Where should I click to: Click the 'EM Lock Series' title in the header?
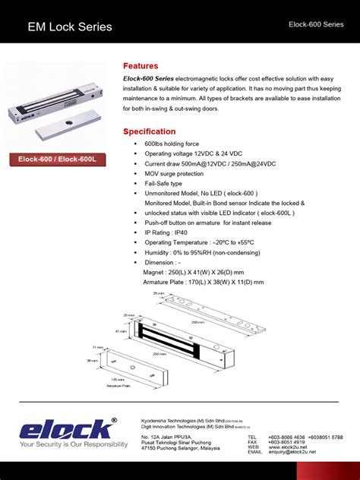coord(69,27)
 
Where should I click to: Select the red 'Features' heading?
coord(141,66)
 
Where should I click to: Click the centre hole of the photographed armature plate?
coord(68,123)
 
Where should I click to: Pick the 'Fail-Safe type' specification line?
coord(163,183)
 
